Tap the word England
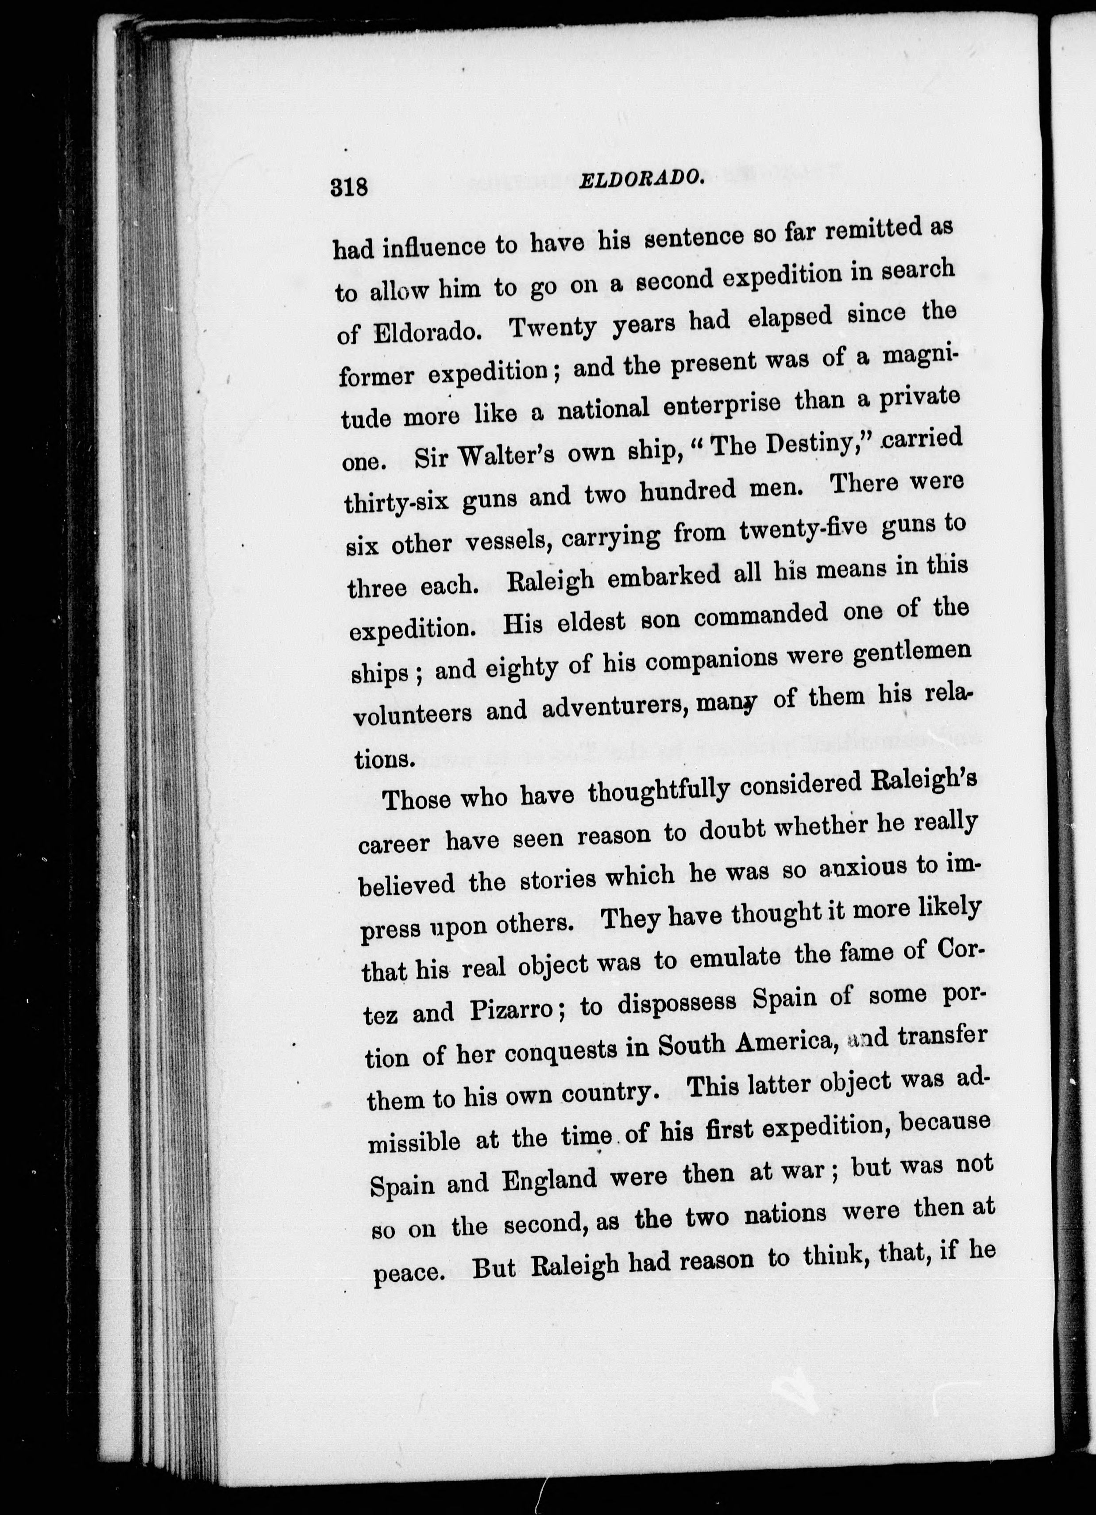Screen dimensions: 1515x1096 click(x=549, y=1180)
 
